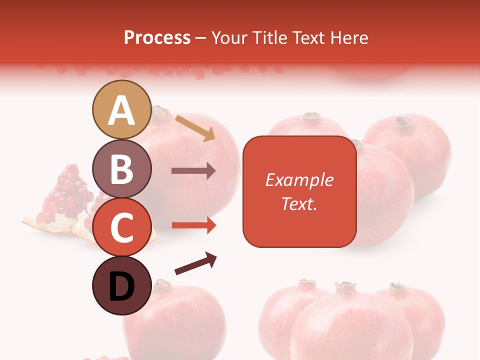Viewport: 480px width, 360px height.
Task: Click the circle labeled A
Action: [121, 110]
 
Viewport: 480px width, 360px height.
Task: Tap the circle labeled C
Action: [121, 227]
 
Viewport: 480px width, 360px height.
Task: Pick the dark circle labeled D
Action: [121, 286]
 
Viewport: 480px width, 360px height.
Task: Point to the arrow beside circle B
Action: [193, 171]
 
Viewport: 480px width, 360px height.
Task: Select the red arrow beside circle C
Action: [193, 225]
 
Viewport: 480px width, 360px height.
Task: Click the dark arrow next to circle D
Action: [195, 263]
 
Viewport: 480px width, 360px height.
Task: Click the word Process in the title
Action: [157, 37]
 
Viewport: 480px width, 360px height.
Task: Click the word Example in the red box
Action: [299, 180]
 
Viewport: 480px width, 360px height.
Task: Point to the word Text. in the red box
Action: [299, 203]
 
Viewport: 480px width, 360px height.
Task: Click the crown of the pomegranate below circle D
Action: [162, 286]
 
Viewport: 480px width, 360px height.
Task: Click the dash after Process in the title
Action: [201, 38]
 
